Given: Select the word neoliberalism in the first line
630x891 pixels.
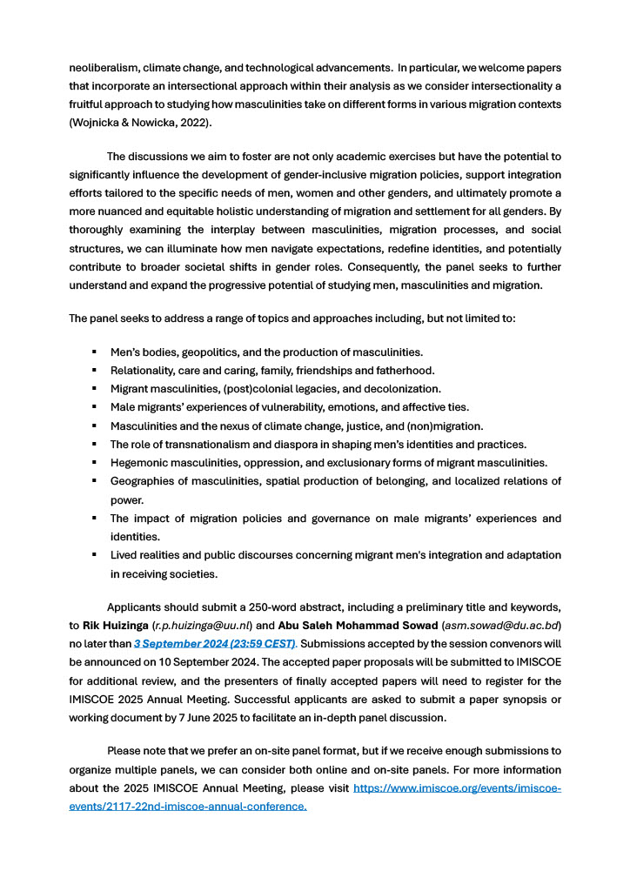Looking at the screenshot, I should tap(104, 67).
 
